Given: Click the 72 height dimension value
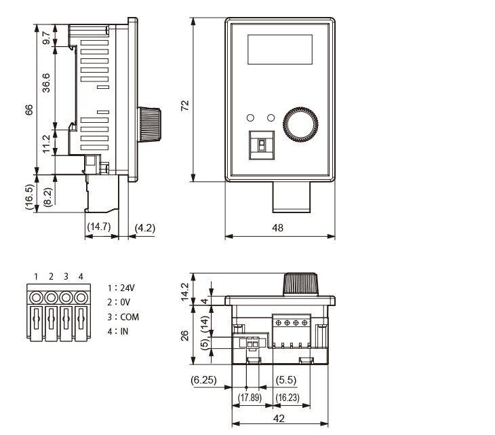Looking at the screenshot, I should click(x=184, y=105).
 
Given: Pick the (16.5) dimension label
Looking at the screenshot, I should click(x=30, y=197).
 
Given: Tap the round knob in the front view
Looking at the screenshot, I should click(x=300, y=123).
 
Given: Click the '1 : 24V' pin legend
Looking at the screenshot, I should click(x=121, y=288).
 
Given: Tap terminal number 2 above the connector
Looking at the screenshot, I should click(x=52, y=276).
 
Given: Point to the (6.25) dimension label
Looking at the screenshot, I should click(x=203, y=381).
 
